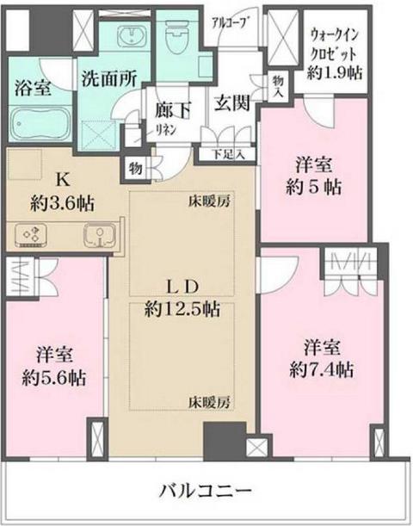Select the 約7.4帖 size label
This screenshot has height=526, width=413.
click(x=322, y=371)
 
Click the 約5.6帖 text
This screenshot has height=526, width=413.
click(x=53, y=376)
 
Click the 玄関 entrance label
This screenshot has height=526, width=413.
click(x=233, y=103)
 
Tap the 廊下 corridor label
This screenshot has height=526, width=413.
click(x=171, y=111)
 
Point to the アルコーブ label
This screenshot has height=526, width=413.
click(x=231, y=22)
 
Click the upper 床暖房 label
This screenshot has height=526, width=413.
click(x=211, y=203)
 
